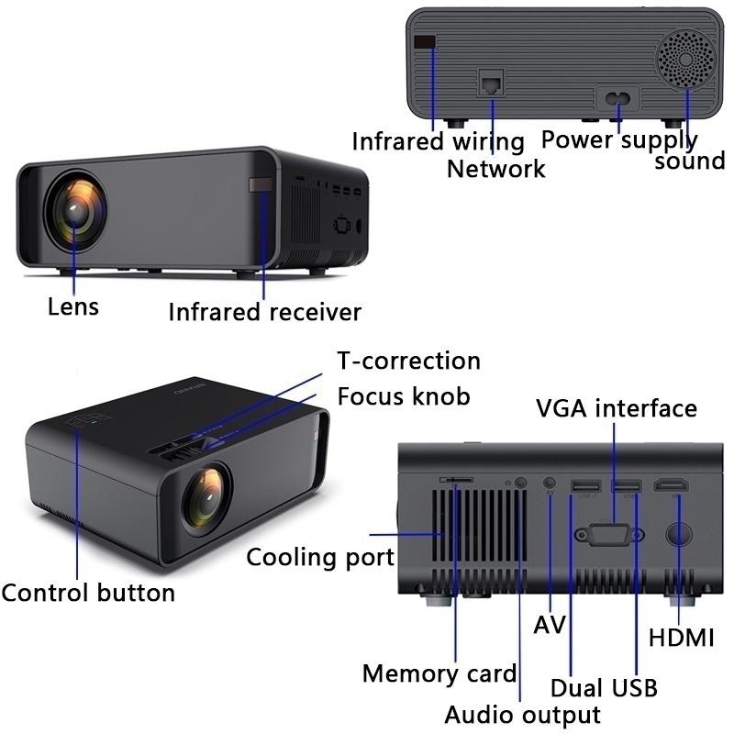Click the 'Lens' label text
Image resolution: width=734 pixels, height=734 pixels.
click(x=73, y=306)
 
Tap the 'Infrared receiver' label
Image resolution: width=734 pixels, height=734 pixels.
click(x=264, y=312)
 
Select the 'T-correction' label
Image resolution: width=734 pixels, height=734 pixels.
click(x=408, y=361)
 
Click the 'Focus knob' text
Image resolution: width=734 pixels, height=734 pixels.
click(x=404, y=396)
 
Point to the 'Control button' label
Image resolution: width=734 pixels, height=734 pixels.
click(x=88, y=593)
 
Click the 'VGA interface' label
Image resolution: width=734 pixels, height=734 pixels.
click(x=617, y=407)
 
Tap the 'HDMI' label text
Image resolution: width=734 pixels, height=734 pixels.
click(x=681, y=639)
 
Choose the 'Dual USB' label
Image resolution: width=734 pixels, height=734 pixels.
click(x=604, y=687)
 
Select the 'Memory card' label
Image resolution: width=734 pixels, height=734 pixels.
click(x=439, y=673)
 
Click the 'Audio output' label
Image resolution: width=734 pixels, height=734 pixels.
click(x=523, y=715)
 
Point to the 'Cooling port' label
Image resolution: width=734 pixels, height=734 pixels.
click(x=320, y=557)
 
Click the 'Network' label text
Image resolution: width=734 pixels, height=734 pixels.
click(x=495, y=169)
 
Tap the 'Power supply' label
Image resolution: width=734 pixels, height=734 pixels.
click(x=619, y=140)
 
